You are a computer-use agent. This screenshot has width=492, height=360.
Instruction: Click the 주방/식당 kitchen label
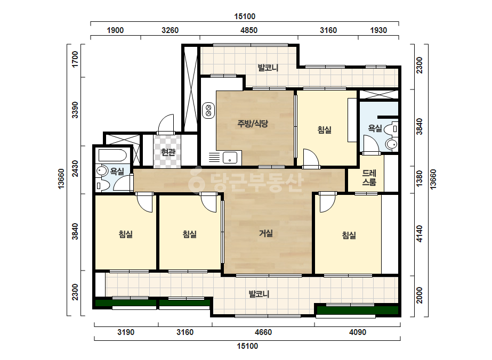pos(253,124)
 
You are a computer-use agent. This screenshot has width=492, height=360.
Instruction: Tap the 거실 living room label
pos(266,233)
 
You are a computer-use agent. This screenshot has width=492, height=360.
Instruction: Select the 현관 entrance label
pos(168,152)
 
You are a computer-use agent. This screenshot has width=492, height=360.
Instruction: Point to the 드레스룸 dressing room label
pos(369,177)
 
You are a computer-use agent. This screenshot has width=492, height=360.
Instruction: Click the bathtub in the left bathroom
pos(112,155)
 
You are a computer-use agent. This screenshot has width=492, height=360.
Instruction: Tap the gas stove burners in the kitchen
pos(208,111)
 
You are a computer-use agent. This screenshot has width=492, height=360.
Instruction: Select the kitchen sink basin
pos(230,158)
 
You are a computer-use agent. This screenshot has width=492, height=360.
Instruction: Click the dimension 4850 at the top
pos(249,30)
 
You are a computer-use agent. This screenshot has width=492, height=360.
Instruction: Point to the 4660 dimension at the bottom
pos(263,332)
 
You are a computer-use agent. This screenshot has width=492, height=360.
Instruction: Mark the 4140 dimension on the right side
pos(419,234)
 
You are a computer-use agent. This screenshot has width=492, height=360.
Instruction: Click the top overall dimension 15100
pos(245,17)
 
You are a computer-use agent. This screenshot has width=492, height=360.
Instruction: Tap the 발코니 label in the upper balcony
pos(268,68)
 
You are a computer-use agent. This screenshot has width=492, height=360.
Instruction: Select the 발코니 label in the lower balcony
pos(259,294)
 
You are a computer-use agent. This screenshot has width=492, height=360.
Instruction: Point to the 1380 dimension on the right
pos(419,179)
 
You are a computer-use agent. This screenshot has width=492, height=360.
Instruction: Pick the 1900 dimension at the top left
pos(115,30)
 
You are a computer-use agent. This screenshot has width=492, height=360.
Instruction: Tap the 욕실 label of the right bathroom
pos(375,128)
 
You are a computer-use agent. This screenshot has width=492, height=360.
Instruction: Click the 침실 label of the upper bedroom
pos(325,130)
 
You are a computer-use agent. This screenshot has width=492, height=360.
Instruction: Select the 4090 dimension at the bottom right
pos(358,332)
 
